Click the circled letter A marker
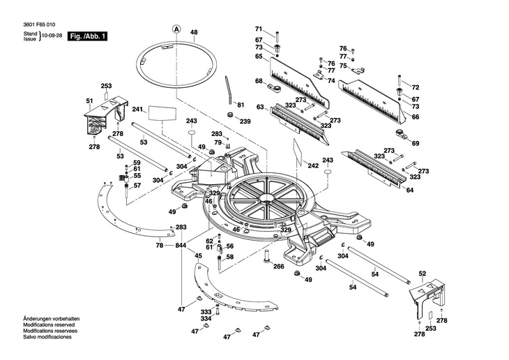pos(176,29)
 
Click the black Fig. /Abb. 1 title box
pos(87,36)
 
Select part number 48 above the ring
pos(194,32)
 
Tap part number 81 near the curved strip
pos(241,105)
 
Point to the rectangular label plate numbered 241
pos(162,113)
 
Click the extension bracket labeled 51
pos(105,115)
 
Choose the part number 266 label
pos(278,267)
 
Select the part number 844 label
pos(181,246)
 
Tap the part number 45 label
pos(198,256)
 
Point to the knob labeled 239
pos(231,114)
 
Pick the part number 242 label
pos(313,166)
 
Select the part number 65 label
pos(259,57)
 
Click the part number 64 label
pos(410,190)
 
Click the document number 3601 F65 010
pos(39,24)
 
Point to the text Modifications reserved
pos(49,324)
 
